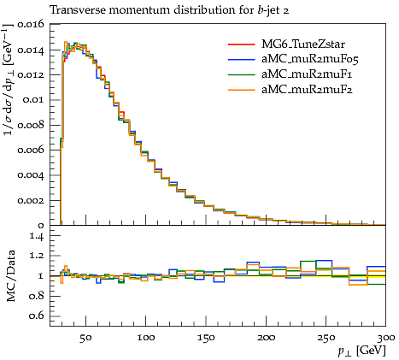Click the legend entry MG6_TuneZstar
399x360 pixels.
pyautogui.click(x=303, y=44)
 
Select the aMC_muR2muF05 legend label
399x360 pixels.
pyautogui.click(x=310, y=59)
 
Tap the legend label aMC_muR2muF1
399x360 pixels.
pyautogui.click(x=307, y=74)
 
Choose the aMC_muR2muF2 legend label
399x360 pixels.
pyautogui.click(x=307, y=90)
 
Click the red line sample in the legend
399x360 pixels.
pyautogui.click(x=241, y=44)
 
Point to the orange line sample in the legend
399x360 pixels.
pyautogui.click(x=241, y=90)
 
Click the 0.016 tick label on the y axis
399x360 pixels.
pyautogui.click(x=31, y=25)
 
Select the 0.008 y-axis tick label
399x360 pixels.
pyautogui.click(x=31, y=125)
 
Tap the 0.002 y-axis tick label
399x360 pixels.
pyautogui.click(x=31, y=200)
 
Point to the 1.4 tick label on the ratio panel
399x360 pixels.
pyautogui.click(x=37, y=236)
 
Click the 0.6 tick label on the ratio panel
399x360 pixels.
pyautogui.click(x=37, y=316)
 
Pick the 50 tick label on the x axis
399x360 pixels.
pyautogui.click(x=85, y=338)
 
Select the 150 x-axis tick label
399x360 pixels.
pyautogui.click(x=206, y=338)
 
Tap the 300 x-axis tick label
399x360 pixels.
pyautogui.click(x=386, y=338)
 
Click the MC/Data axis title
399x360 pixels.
pyautogui.click(x=10, y=276)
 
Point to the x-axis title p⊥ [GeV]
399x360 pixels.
pyautogui.click(x=362, y=351)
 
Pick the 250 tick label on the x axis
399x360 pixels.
pyautogui.click(x=326, y=338)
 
